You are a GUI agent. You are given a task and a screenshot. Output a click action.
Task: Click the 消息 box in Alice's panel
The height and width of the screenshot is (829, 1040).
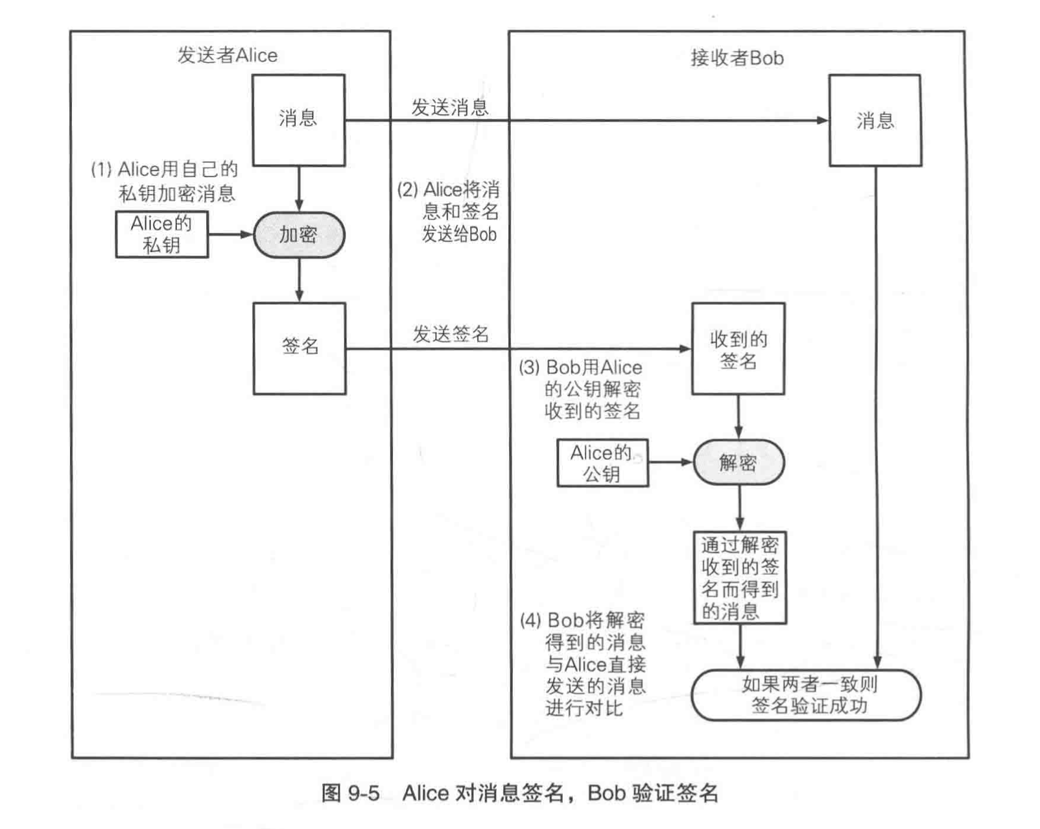[x=298, y=120]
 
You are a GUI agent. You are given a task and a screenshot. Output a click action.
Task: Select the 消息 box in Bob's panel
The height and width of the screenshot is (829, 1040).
[x=875, y=121]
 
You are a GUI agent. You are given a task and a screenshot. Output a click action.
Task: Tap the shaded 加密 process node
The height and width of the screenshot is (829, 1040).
[x=298, y=235]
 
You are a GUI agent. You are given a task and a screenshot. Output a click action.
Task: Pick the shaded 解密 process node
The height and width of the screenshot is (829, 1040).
[x=739, y=463]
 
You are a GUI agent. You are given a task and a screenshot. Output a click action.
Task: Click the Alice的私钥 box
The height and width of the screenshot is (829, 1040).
[x=162, y=234]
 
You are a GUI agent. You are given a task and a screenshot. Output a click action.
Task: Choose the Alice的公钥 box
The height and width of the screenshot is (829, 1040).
[x=602, y=463]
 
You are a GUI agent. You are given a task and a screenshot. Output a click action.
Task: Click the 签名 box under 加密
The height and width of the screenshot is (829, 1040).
[x=300, y=348]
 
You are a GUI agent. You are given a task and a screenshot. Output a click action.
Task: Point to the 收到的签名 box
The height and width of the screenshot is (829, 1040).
[x=738, y=349]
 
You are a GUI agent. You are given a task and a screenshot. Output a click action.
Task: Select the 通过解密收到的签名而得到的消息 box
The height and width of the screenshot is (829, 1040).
[x=740, y=578]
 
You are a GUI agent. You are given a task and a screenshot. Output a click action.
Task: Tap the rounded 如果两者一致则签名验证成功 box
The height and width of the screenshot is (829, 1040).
[x=806, y=695]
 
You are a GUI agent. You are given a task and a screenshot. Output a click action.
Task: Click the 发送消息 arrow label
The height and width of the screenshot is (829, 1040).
[x=450, y=108]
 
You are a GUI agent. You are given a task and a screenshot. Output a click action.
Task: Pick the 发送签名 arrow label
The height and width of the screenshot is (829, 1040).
[x=451, y=335]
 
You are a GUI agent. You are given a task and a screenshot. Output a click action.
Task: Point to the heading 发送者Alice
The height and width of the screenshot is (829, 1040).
[x=228, y=56]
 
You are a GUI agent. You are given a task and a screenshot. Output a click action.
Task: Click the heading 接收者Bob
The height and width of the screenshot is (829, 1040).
[x=737, y=58]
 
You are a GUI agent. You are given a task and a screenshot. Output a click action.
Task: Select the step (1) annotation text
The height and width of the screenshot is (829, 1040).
[x=165, y=182]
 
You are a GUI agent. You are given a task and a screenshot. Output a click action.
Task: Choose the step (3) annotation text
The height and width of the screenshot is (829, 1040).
[x=581, y=389]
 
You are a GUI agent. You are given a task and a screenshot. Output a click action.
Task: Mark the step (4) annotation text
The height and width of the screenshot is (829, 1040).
[x=584, y=663]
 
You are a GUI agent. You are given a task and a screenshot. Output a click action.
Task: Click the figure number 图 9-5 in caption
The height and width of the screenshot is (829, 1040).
[x=350, y=793]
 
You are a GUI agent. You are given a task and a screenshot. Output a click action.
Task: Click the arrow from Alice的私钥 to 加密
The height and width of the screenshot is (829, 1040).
[x=230, y=234]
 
